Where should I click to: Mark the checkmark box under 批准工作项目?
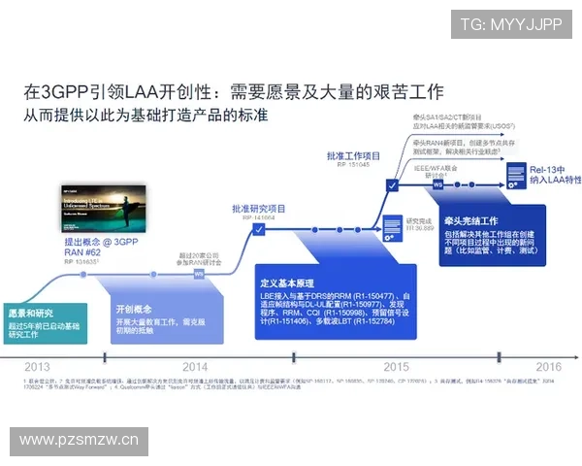tap(391, 184)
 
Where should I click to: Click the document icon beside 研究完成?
tap(392, 225)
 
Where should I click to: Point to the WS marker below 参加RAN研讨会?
tap(199, 274)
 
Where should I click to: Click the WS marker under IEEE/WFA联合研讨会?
tap(437, 184)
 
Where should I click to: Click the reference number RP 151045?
tap(354, 164)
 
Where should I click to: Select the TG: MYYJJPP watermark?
tap(510, 24)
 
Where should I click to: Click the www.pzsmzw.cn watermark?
tap(80, 440)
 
